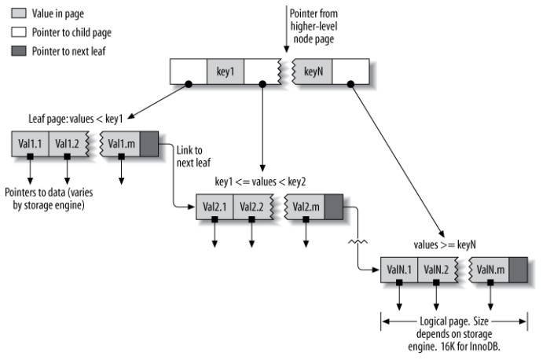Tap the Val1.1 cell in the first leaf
(30, 144)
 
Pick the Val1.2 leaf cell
(67, 144)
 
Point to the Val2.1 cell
(214, 208)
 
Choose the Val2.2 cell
(252, 208)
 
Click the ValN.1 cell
(399, 270)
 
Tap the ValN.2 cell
(437, 270)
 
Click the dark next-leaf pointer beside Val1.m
(149, 144)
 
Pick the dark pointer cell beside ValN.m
(519, 270)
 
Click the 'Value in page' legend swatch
(17, 14)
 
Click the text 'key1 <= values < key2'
(260, 182)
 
